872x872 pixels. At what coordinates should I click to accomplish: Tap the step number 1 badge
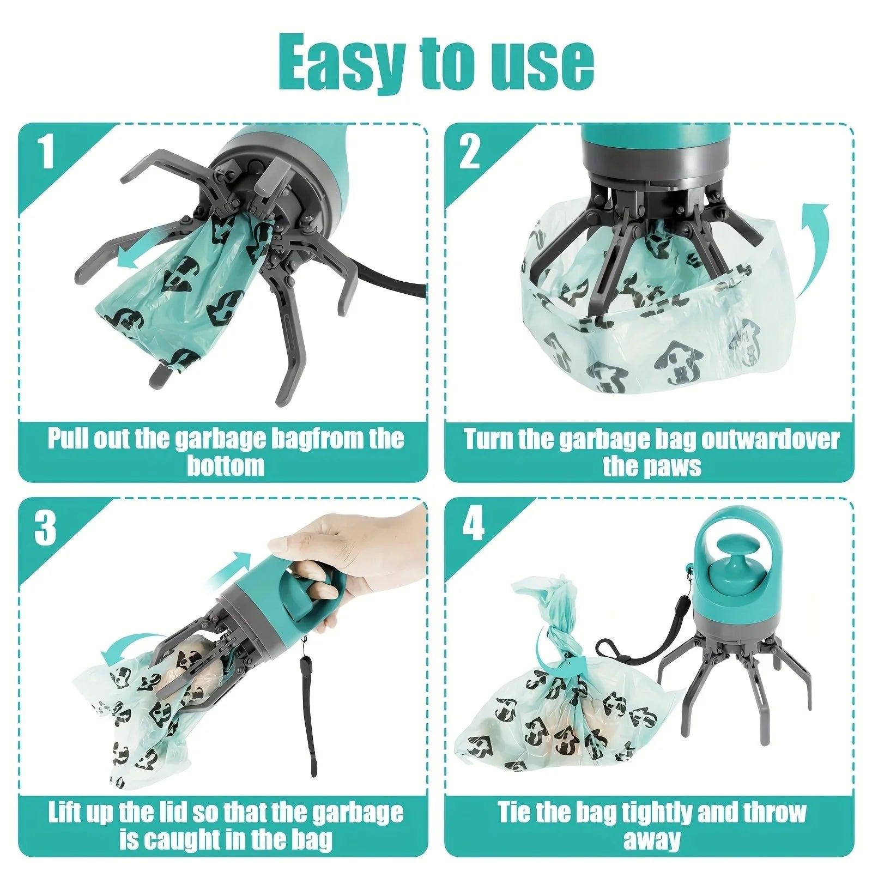tap(46, 152)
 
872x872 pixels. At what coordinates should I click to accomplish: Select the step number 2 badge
tap(470, 152)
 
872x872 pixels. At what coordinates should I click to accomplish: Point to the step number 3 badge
tap(46, 527)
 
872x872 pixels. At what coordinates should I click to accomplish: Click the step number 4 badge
tap(473, 524)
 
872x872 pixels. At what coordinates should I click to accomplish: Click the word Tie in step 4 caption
tap(513, 813)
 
